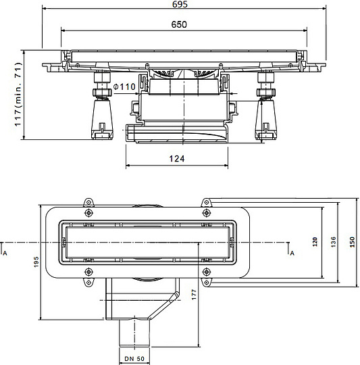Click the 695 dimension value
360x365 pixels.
click(180, 4)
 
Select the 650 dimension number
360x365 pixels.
click(179, 24)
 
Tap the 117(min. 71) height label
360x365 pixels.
click(18, 94)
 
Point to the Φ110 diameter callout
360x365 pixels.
click(124, 87)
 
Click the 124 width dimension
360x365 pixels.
click(177, 159)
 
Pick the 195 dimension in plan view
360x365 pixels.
click(36, 262)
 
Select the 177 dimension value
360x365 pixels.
click(194, 295)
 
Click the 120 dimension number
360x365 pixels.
click(315, 242)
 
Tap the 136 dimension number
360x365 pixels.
click(334, 242)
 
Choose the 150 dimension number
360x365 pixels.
click(352, 242)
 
